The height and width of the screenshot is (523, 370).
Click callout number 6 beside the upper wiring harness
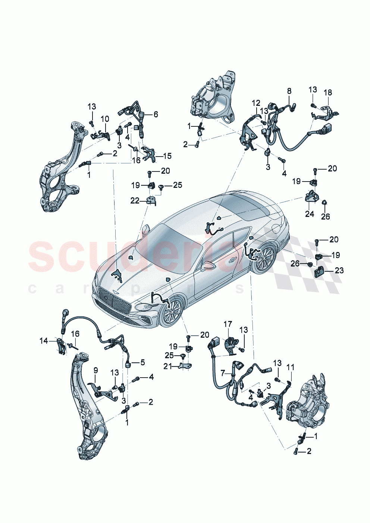(x=156, y=114)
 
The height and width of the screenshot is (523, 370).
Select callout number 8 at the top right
(x=289, y=91)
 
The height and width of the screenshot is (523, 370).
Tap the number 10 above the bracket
(x=105, y=119)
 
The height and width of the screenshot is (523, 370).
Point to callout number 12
(x=256, y=103)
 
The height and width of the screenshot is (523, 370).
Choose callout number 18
(x=327, y=92)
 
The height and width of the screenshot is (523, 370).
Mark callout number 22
(x=135, y=201)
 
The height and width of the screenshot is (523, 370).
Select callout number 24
(x=310, y=214)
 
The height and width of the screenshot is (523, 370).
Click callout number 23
(x=339, y=270)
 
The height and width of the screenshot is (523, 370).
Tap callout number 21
(x=168, y=366)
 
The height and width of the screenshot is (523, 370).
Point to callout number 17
(x=228, y=324)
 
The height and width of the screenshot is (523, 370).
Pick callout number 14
(x=44, y=340)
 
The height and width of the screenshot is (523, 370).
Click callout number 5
(x=142, y=362)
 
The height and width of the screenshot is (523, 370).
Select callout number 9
(x=96, y=370)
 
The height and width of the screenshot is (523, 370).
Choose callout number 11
(x=291, y=368)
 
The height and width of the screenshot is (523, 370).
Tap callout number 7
(x=223, y=372)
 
